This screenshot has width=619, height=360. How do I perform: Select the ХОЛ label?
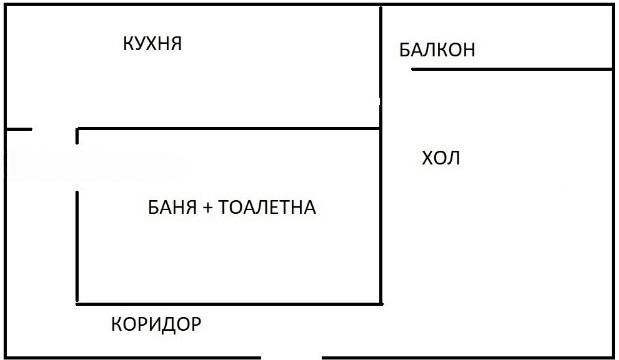[441, 158]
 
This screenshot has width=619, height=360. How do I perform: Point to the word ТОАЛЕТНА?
[266, 208]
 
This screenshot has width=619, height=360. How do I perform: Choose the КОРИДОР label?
[156, 324]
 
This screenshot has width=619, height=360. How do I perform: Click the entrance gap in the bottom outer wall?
[292, 357]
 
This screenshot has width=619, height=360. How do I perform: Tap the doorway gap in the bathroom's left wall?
[77, 167]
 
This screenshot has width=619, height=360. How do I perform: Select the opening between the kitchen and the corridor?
[54, 129]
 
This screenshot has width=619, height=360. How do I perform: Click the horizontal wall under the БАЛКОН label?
[510, 69]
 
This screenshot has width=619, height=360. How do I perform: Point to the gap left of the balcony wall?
[397, 69]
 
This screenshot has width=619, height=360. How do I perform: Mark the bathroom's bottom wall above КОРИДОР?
[230, 303]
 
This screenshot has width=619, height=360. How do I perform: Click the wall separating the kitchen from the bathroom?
[230, 128]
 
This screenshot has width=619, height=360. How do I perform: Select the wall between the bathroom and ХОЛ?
[382, 215]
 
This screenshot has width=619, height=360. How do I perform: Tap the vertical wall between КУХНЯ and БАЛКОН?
[382, 50]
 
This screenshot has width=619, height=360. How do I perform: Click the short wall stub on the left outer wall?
[19, 129]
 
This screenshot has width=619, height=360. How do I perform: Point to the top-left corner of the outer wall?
[7, 6]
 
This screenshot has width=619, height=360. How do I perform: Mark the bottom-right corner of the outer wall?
[612, 356]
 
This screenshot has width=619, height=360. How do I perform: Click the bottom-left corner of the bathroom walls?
[78, 303]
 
